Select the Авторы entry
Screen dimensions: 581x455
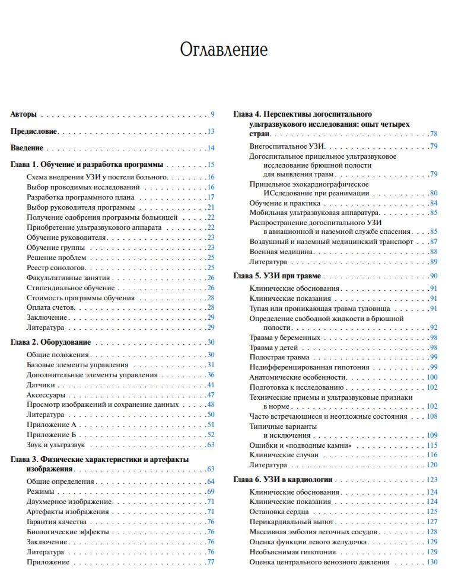coord(24,114)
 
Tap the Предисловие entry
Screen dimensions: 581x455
coord(34,131)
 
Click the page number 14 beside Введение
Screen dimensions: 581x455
coord(211,148)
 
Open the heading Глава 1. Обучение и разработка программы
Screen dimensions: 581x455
coord(88,165)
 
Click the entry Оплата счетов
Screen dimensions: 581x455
coord(50,308)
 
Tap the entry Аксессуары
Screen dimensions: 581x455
coord(46,395)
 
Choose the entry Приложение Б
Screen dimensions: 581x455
coord(52,435)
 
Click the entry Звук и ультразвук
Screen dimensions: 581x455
coord(56,444)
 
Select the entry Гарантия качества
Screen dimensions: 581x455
coord(57,522)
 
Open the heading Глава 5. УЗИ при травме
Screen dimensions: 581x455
coord(277,276)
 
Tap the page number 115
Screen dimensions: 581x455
coord(432,445)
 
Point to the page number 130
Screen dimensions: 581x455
coord(432,562)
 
